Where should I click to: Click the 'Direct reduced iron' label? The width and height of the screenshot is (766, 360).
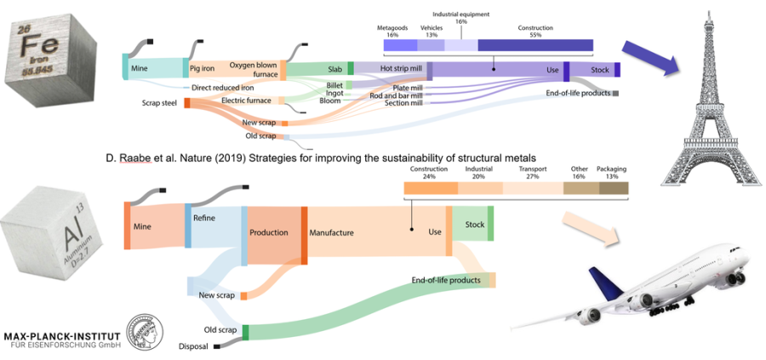(223, 88)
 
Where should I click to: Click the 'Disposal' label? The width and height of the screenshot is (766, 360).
(194, 346)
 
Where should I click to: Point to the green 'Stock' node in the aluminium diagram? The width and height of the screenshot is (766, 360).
(472, 226)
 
